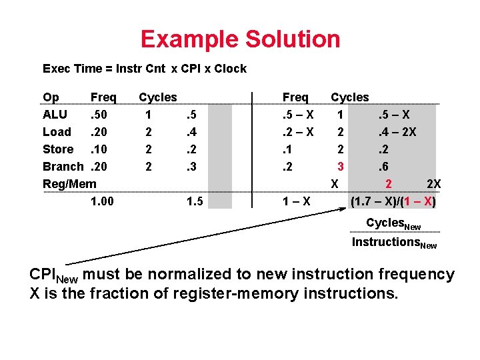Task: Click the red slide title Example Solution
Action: tap(240, 39)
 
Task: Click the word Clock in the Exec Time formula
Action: tap(230, 69)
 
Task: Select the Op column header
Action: tap(51, 97)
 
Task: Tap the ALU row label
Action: tap(55, 115)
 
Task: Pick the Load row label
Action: tap(57, 132)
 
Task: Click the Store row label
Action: tap(58, 149)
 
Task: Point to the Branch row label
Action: tap(63, 167)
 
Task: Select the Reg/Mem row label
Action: tap(69, 183)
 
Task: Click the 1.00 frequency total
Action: tap(103, 201)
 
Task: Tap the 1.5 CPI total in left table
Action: tap(195, 201)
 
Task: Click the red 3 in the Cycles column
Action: tap(340, 167)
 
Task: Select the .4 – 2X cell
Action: tap(397, 132)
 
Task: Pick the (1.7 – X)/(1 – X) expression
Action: tap(393, 201)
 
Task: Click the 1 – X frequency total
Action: tap(296, 201)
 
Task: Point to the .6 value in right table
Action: tap(385, 167)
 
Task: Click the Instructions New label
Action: tap(394, 243)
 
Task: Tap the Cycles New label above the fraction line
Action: tap(394, 223)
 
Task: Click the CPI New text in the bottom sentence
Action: tap(53, 275)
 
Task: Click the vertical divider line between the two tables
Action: tap(252, 150)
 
